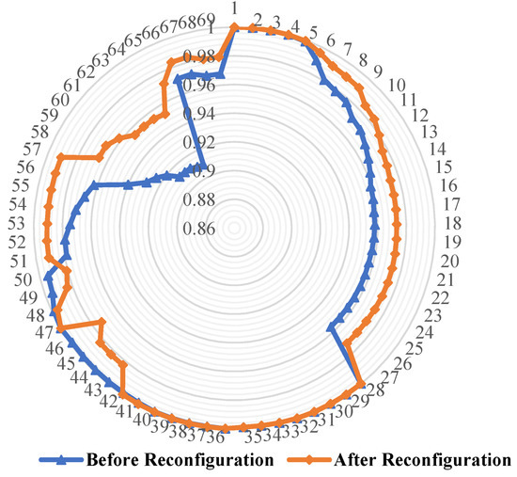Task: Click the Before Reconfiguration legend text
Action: (x=179, y=460)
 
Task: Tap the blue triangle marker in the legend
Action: (x=60, y=460)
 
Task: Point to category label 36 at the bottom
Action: (x=215, y=437)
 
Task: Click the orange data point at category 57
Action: (x=61, y=156)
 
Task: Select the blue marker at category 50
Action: (x=46, y=278)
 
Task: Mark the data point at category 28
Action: (x=363, y=380)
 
